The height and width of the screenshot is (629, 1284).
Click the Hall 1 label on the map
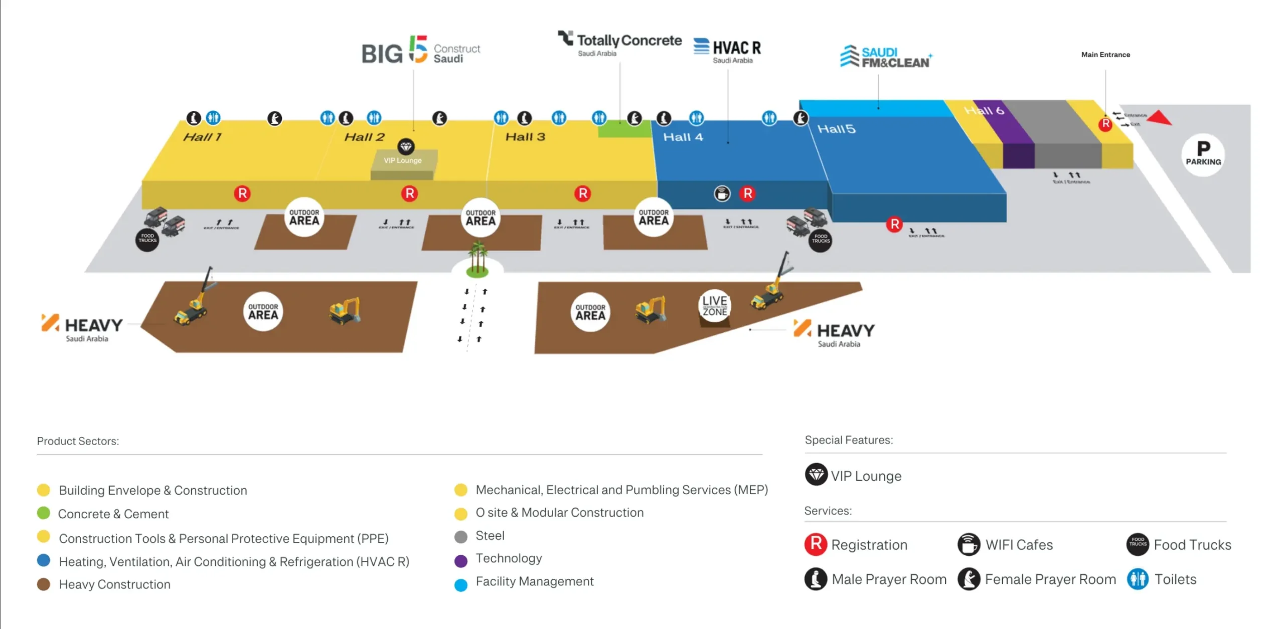(202, 137)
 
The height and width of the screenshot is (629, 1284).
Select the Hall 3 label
(525, 137)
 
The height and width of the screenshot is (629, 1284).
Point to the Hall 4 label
(683, 137)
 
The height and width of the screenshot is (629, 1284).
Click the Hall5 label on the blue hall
(836, 129)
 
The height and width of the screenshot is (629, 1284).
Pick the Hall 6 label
(984, 110)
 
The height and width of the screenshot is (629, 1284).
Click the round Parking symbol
(1203, 154)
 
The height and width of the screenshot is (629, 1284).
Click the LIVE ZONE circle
(714, 305)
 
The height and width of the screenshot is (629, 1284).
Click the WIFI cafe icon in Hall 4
(722, 193)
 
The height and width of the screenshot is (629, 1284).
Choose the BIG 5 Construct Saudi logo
(420, 51)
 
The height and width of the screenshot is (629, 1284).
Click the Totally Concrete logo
(619, 42)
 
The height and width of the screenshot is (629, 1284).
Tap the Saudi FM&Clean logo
(886, 57)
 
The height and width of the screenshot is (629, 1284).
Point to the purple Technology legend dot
(460, 561)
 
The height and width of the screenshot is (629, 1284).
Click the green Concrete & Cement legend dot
(44, 513)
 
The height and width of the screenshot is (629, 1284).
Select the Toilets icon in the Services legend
(1137, 579)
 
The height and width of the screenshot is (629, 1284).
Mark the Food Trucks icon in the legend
(1137, 544)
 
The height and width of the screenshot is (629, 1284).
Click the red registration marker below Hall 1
(242, 193)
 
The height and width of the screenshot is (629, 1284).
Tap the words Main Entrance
(1105, 55)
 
